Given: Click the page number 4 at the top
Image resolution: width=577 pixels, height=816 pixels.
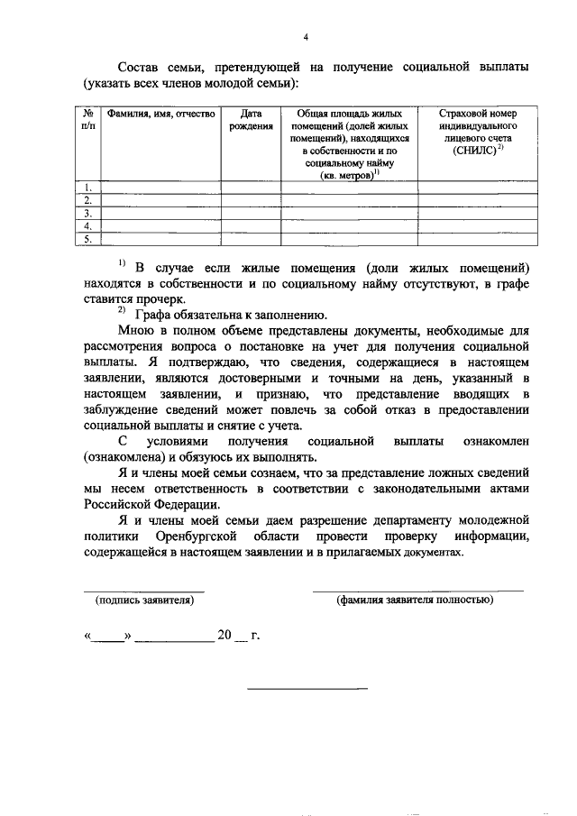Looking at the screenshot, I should point(306,37).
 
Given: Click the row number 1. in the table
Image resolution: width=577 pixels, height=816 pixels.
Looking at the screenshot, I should point(87,188).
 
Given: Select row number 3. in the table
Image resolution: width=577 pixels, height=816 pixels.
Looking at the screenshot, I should point(87,214).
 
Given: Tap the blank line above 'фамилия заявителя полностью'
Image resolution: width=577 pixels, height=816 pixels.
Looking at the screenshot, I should point(417,591).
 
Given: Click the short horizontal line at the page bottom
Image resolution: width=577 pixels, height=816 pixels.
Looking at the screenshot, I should point(307,691).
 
